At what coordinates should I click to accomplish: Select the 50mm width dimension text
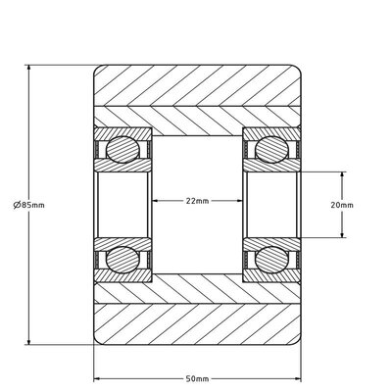pos(196,378)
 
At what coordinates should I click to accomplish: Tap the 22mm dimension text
pos(196,201)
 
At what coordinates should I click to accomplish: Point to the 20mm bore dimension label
pos(368,205)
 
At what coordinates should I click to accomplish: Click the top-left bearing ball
pos(122,149)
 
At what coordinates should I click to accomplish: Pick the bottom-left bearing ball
pos(122,259)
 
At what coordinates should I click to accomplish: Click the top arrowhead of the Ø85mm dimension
pos(30,69)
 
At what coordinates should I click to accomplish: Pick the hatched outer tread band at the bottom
pos(196,324)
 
